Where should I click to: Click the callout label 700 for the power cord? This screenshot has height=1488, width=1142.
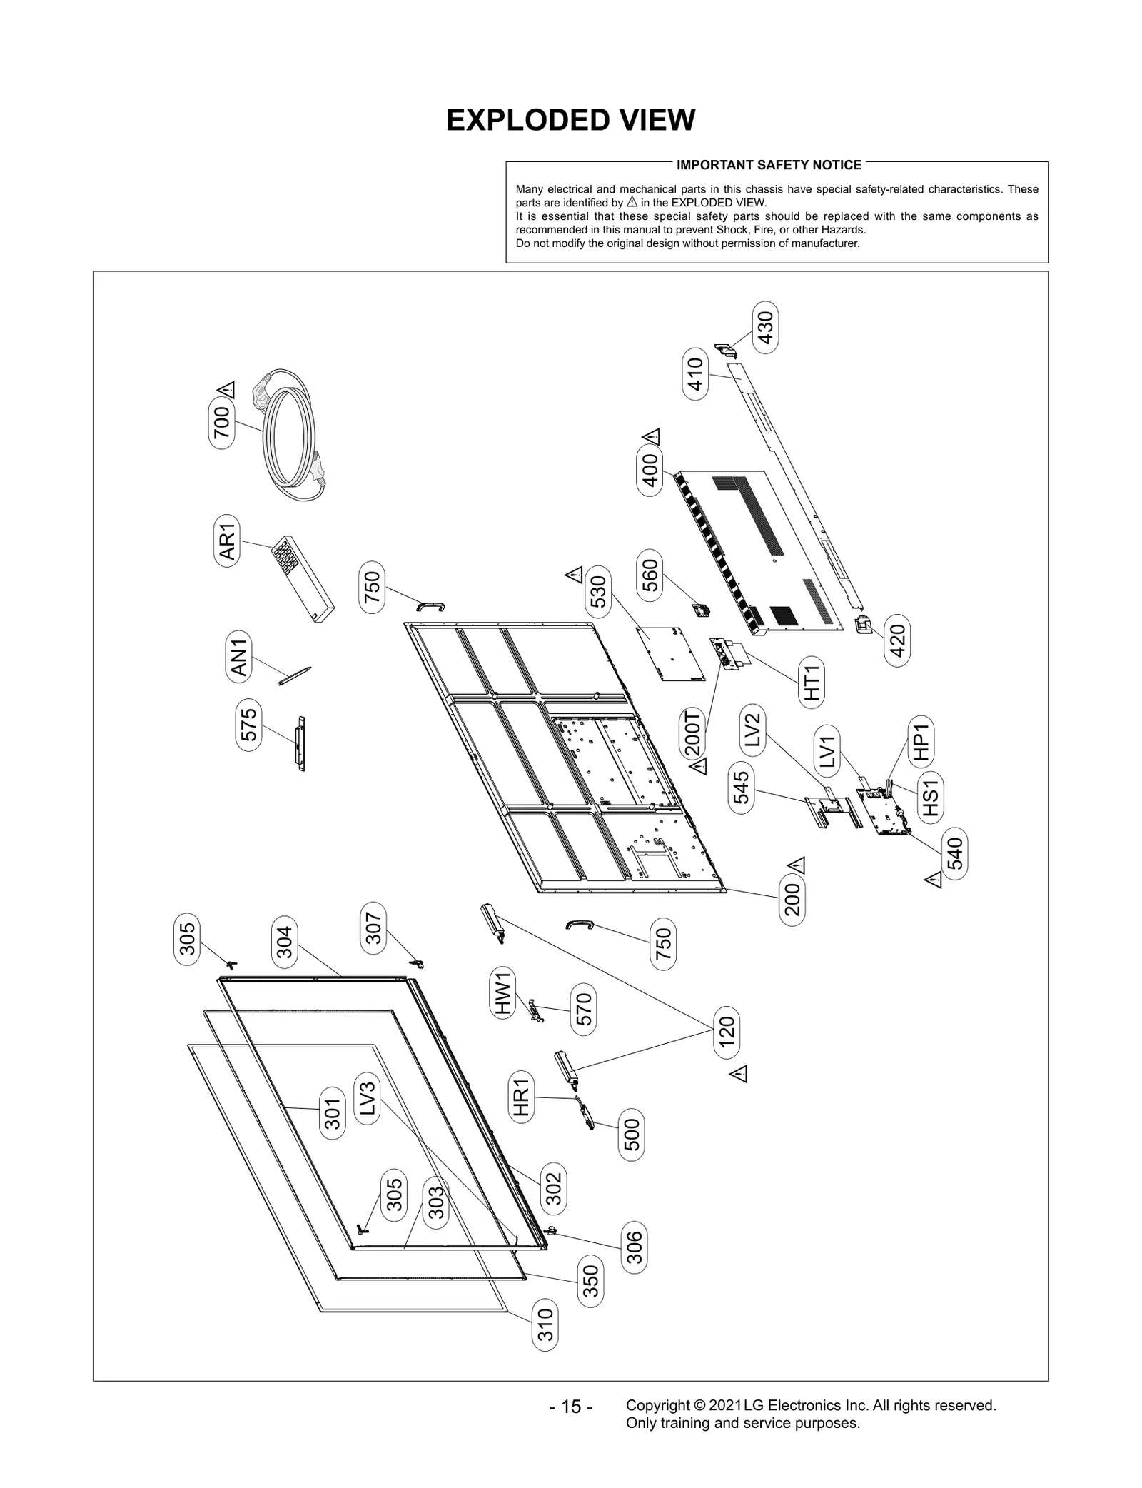click(x=222, y=423)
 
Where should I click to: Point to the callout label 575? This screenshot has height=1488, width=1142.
click(x=248, y=725)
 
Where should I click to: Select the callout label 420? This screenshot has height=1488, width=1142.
click(x=897, y=640)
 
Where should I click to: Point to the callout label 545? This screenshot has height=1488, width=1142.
click(x=742, y=788)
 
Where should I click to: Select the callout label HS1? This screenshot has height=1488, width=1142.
click(x=931, y=797)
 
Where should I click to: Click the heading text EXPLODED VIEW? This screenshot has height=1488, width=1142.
click(x=570, y=120)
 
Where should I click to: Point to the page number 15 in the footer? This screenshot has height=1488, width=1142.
click(x=571, y=1407)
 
